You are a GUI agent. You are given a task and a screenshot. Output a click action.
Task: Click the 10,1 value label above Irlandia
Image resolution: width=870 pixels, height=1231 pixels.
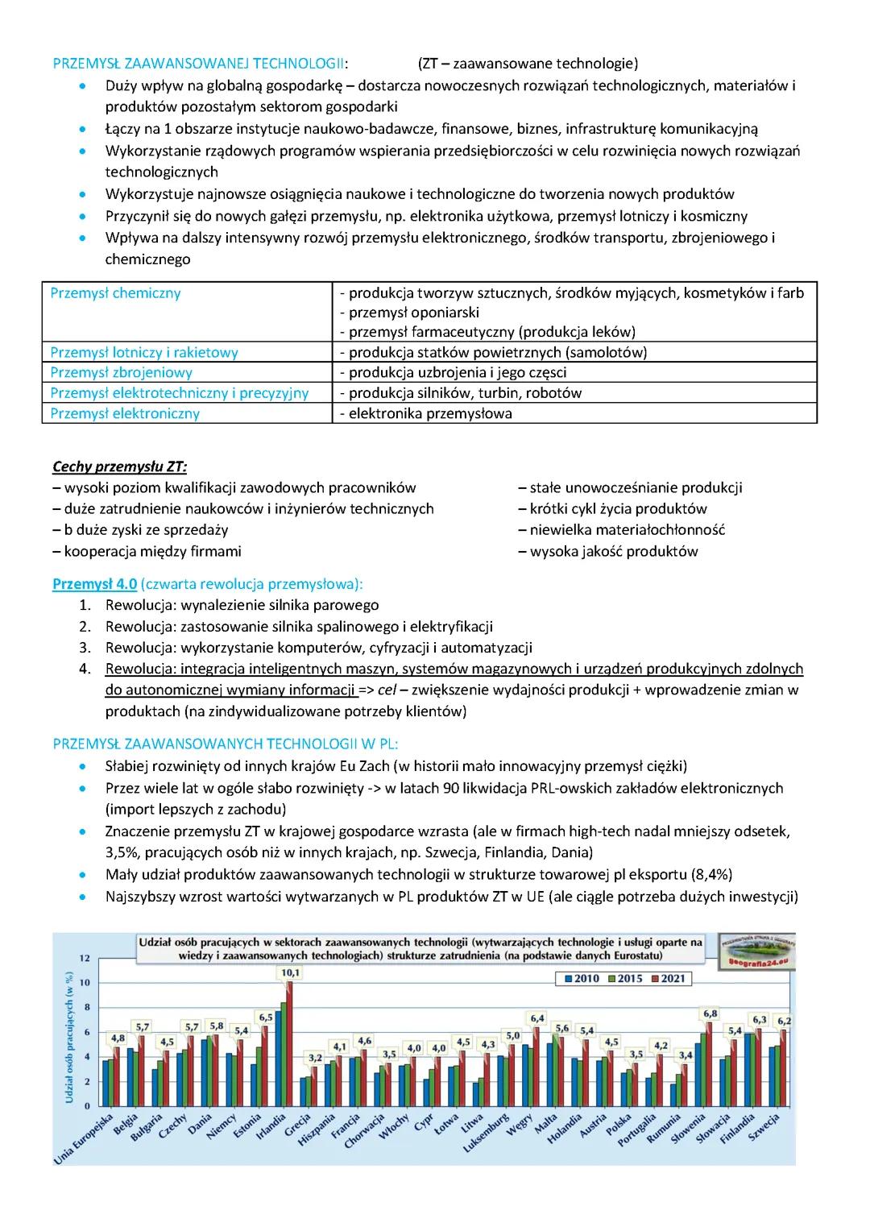[x=290, y=972]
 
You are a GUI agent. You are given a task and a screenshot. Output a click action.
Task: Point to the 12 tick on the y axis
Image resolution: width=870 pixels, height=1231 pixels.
[x=85, y=958]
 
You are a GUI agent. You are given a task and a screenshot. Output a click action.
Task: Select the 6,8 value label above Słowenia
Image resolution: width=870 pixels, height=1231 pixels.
[x=710, y=1013]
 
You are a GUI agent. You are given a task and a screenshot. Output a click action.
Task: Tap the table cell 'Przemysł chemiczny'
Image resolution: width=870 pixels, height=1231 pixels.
[x=115, y=293]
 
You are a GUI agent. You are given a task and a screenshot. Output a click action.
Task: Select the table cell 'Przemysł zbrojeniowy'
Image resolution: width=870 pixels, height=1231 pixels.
[x=121, y=372]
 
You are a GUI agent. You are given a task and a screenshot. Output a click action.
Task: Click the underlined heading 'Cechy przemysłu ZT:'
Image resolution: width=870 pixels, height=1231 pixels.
[x=119, y=466]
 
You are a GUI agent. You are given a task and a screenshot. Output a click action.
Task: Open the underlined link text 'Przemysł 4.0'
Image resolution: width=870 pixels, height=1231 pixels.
[x=94, y=584]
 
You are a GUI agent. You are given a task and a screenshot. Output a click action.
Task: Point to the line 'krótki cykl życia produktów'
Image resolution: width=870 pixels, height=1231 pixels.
[x=618, y=508]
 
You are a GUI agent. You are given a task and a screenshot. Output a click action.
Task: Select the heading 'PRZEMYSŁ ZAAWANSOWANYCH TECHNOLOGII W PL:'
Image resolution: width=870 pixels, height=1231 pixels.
[x=226, y=744]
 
